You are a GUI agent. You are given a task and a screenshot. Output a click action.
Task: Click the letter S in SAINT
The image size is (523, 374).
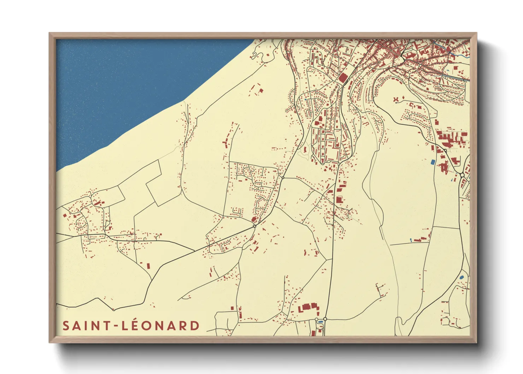(x=66, y=326)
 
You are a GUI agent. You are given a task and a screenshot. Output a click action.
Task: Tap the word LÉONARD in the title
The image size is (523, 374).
(x=161, y=326)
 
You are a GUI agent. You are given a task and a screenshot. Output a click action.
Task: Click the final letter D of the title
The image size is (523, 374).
(x=195, y=326)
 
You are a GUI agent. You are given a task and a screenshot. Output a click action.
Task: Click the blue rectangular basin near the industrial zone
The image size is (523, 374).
(x=433, y=162)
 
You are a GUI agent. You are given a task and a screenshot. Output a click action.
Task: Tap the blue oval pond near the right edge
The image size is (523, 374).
(x=461, y=277)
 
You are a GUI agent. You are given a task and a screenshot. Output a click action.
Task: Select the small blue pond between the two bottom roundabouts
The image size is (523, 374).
(x=321, y=321)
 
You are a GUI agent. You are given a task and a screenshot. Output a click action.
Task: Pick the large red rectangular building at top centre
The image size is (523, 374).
(x=343, y=78)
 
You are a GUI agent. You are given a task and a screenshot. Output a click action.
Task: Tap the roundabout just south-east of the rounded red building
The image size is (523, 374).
(x=254, y=226)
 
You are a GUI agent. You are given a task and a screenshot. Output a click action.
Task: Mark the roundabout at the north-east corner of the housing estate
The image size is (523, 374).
(x=282, y=177)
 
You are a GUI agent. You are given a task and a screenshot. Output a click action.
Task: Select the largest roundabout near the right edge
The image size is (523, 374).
(x=462, y=175)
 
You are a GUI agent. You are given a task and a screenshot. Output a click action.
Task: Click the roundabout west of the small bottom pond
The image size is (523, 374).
(x=316, y=320)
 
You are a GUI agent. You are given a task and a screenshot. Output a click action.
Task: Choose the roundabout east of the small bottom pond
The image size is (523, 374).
(x=325, y=319)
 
